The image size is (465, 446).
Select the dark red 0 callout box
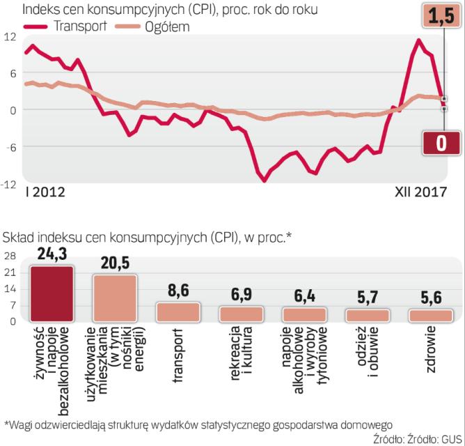pos(441,143)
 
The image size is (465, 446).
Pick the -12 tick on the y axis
pos(8,183)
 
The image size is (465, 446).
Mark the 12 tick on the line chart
pos(9,36)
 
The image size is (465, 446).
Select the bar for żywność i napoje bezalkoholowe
pos(52,293)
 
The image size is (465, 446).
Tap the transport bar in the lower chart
pos(178,312)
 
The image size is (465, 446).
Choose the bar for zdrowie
pos(430,316)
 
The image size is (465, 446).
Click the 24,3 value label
pos(52,256)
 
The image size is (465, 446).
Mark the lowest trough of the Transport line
pos(264,180)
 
